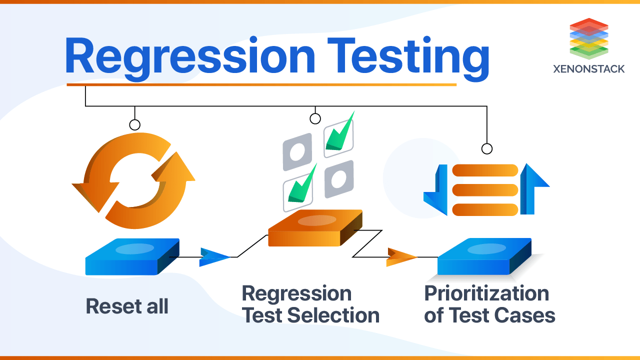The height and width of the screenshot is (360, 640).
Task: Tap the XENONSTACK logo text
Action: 588,69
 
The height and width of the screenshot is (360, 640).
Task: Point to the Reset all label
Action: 127,306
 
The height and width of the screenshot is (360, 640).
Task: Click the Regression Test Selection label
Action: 310,304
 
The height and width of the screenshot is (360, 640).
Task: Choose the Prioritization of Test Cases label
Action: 489,304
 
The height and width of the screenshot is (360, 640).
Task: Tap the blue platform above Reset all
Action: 132,256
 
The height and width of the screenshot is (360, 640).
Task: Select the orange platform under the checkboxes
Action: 315,228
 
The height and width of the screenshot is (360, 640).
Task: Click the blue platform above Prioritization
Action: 484,256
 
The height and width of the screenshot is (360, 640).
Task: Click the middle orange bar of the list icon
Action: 484,190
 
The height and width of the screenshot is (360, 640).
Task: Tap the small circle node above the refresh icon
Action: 134,125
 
